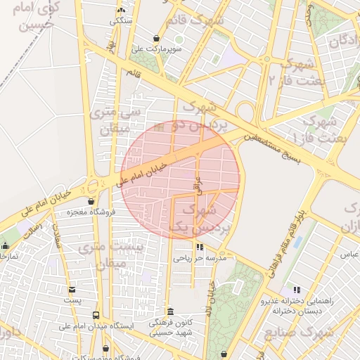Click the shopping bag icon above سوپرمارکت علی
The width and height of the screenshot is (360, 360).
(156, 38)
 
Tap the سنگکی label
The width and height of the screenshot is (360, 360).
(120, 21)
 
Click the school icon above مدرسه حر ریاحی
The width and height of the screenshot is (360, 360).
(200, 247)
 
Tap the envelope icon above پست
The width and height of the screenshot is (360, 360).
(72, 289)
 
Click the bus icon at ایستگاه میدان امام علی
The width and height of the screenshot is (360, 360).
(96, 315)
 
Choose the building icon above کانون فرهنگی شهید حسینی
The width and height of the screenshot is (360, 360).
(169, 311)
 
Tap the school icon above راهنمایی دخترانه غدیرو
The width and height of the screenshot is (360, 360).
(296, 289)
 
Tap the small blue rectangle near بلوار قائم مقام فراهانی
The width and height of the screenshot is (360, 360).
(297, 242)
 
